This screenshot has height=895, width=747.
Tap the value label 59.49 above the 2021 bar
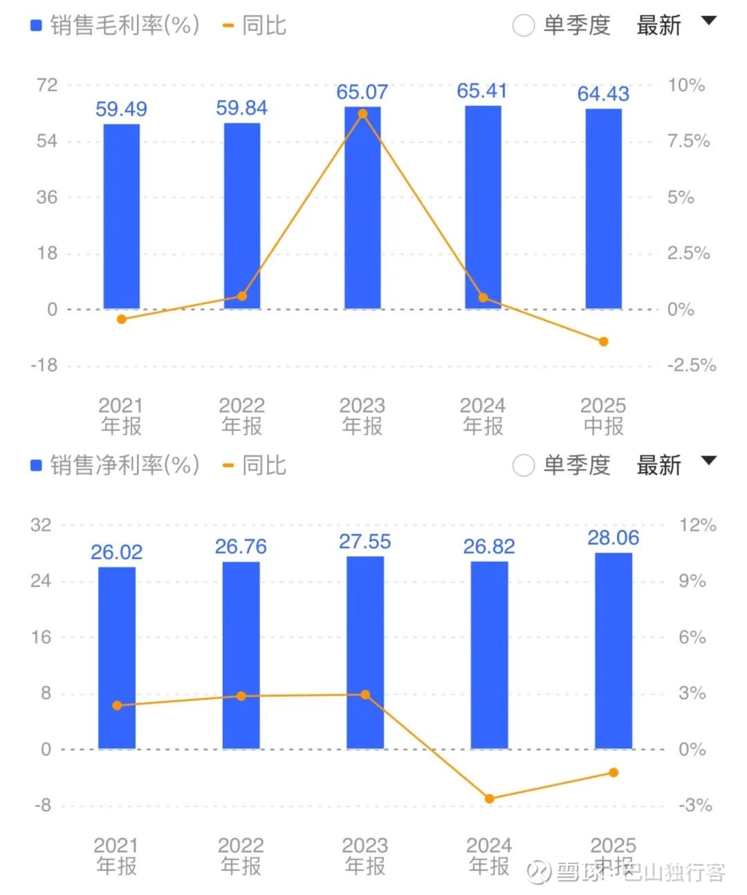[x=121, y=109]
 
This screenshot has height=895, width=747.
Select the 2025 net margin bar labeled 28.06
[x=614, y=650]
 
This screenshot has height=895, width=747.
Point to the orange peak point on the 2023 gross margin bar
[x=362, y=114]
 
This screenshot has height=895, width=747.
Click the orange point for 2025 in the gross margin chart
[x=603, y=341]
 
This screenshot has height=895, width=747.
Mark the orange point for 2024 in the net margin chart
[x=490, y=799]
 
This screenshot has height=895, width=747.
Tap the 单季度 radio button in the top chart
[x=524, y=26]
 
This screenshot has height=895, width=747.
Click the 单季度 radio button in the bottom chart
[x=524, y=466]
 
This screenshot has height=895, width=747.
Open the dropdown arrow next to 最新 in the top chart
[x=708, y=21]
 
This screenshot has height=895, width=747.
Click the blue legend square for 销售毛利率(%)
[x=37, y=26]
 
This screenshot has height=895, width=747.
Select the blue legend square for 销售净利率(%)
[x=37, y=466]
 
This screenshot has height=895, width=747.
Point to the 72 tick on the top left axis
[x=47, y=85]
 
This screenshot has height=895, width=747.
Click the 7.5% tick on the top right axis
[x=688, y=142]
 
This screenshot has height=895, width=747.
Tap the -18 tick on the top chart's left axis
[x=44, y=366]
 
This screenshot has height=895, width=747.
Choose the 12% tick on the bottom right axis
[x=697, y=525]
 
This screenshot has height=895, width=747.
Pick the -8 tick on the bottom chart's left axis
[x=43, y=805]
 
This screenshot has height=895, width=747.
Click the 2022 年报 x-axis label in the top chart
[x=242, y=415]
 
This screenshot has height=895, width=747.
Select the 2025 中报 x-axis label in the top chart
[x=603, y=415]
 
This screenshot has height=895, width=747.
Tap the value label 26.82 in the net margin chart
[x=489, y=547]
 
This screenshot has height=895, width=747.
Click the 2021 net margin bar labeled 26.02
[x=117, y=657]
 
